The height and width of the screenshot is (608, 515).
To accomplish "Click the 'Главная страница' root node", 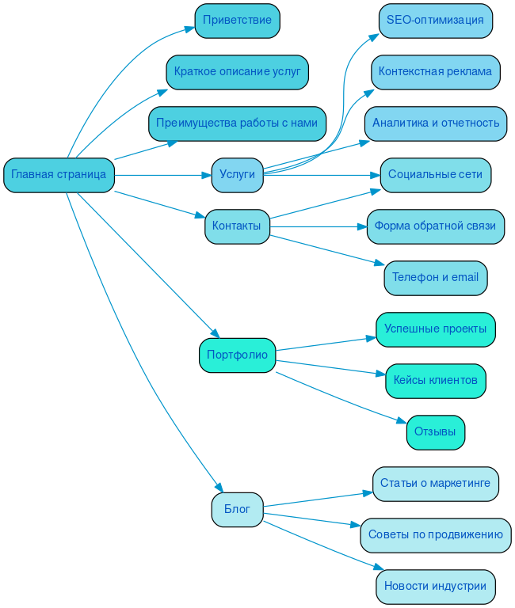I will coord(59,175).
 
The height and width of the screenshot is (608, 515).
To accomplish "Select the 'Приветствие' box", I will coord(237,21).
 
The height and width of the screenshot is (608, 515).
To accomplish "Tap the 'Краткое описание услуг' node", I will coord(237,72).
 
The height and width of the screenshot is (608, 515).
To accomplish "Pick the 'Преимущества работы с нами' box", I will coord(237,123).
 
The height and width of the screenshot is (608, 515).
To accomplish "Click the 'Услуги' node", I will coord(237,175).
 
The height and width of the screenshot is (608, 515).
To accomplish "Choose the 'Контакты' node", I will coord(237,226).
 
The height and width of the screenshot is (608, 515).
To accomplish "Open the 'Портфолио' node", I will coord(237,355).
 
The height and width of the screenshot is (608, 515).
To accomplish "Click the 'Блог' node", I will coord(237,509).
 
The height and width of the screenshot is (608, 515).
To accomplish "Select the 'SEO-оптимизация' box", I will coord(435,21).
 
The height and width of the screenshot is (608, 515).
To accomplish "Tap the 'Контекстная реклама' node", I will coord(435,72).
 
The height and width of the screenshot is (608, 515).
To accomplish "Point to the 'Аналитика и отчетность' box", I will coord(435,123).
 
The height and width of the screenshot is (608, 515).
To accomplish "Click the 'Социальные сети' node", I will coord(435,175).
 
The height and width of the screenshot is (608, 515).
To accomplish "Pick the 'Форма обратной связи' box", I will coord(435,226).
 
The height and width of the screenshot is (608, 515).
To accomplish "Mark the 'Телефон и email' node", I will coord(435,278).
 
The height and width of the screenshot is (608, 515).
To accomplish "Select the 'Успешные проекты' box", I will coord(435,329).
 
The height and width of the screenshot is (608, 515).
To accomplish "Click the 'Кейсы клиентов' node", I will coord(435,381).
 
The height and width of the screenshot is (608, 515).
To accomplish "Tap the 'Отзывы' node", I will coord(435,432).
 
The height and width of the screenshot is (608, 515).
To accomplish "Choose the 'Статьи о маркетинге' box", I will coord(435,484).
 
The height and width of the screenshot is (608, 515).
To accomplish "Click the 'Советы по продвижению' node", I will coord(435,535).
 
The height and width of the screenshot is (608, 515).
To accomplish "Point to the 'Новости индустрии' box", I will coord(435,587).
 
